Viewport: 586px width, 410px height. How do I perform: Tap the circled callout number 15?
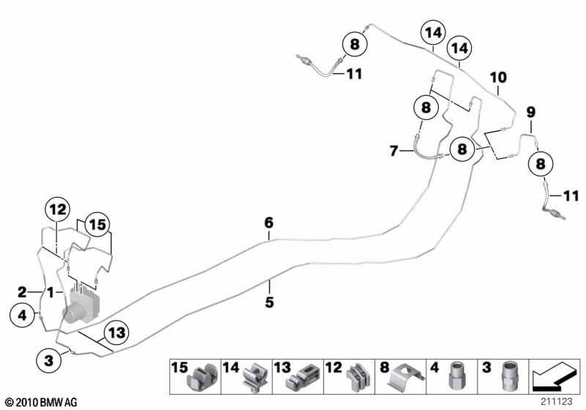pos(96,223)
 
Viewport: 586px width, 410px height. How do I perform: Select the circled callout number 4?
pos(23,316)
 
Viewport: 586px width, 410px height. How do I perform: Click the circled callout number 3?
pos(49,359)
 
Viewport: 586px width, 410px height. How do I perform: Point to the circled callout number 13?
pos(116,333)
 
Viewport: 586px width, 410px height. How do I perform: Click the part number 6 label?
pos(269,222)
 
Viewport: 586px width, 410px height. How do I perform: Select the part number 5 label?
pos(269,302)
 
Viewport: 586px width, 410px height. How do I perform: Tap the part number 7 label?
pos(393,152)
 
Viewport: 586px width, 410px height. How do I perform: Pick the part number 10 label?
pos(498,77)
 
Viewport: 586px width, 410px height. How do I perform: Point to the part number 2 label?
pos(22,291)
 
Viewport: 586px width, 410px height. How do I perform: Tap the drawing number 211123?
pos(557,400)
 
